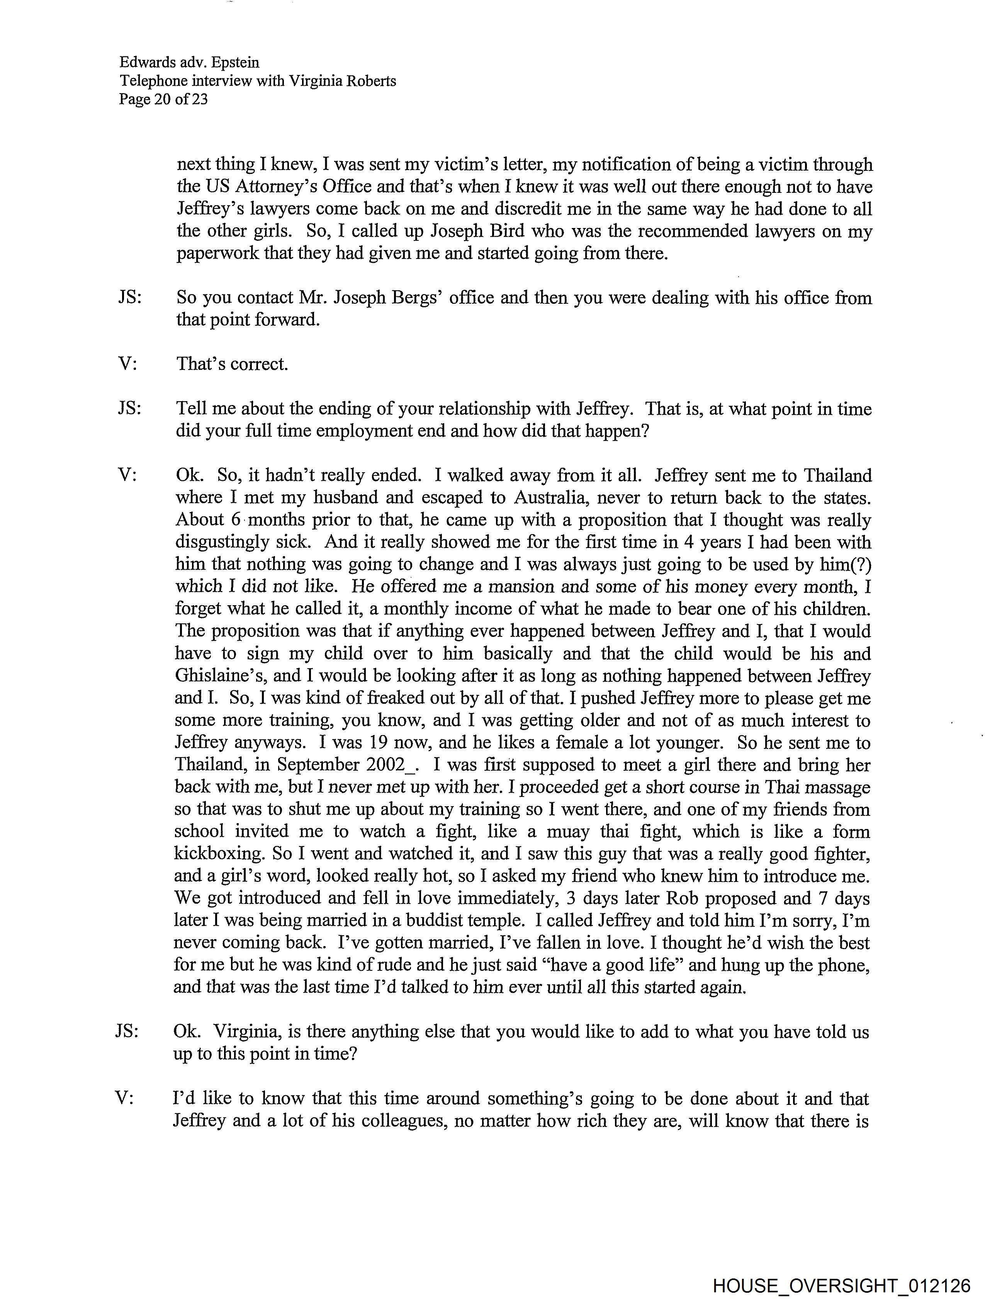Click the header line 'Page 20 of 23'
pos(163,99)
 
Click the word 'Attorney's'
pos(274,187)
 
